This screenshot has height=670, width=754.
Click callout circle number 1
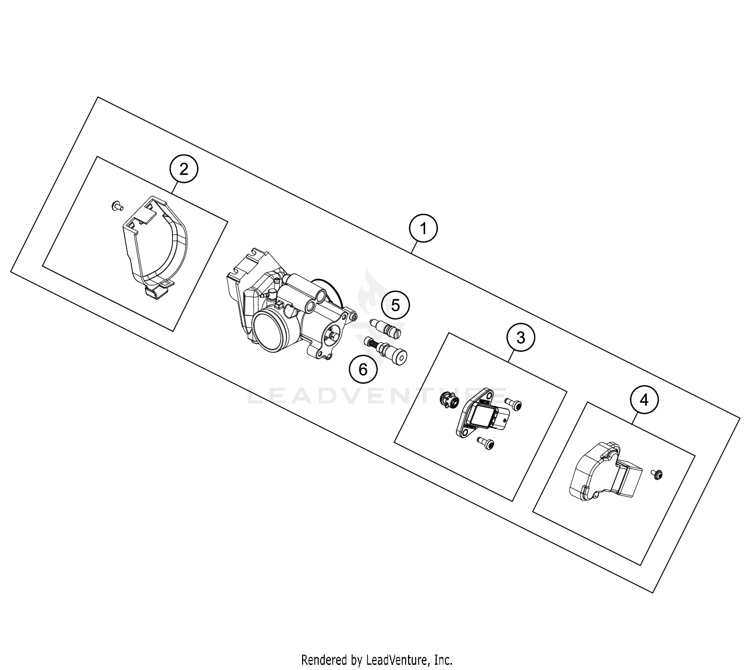pos(423,229)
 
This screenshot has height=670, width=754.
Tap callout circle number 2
pos(184,169)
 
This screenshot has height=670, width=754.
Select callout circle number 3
pos(521,337)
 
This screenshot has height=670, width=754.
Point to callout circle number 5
pos(395,305)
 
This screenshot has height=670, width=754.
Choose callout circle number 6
pos(363,370)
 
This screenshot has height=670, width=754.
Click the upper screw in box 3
pos(513,402)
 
